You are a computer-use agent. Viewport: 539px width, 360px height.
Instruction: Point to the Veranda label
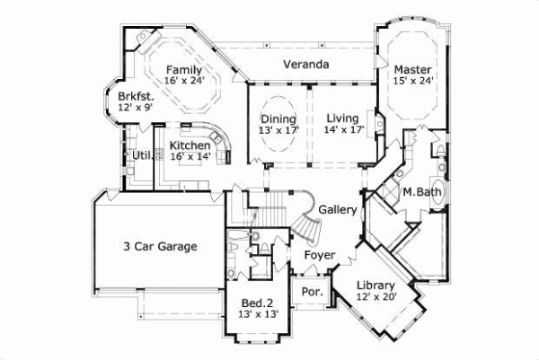pyautogui.click(x=305, y=65)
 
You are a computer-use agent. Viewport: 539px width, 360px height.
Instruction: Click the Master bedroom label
pyautogui.click(x=413, y=69)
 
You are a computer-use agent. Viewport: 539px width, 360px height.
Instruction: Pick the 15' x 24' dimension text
pyautogui.click(x=413, y=81)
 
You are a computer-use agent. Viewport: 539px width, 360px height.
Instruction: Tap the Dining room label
pyautogui.click(x=278, y=119)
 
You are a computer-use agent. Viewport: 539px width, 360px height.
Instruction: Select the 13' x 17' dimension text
pyautogui.click(x=278, y=131)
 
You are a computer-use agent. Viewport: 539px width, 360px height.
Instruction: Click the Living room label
pyautogui.click(x=342, y=119)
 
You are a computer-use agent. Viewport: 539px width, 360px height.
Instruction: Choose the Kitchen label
pyautogui.click(x=190, y=145)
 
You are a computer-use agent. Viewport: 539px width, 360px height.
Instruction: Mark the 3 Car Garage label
pyautogui.click(x=160, y=246)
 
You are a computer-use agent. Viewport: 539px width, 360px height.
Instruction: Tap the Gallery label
pyautogui.click(x=339, y=210)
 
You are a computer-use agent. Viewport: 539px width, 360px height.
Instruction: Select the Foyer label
pyautogui.click(x=320, y=255)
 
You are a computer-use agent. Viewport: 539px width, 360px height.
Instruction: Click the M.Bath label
pyautogui.click(x=420, y=191)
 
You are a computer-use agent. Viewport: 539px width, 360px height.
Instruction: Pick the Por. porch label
pyautogui.click(x=312, y=292)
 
